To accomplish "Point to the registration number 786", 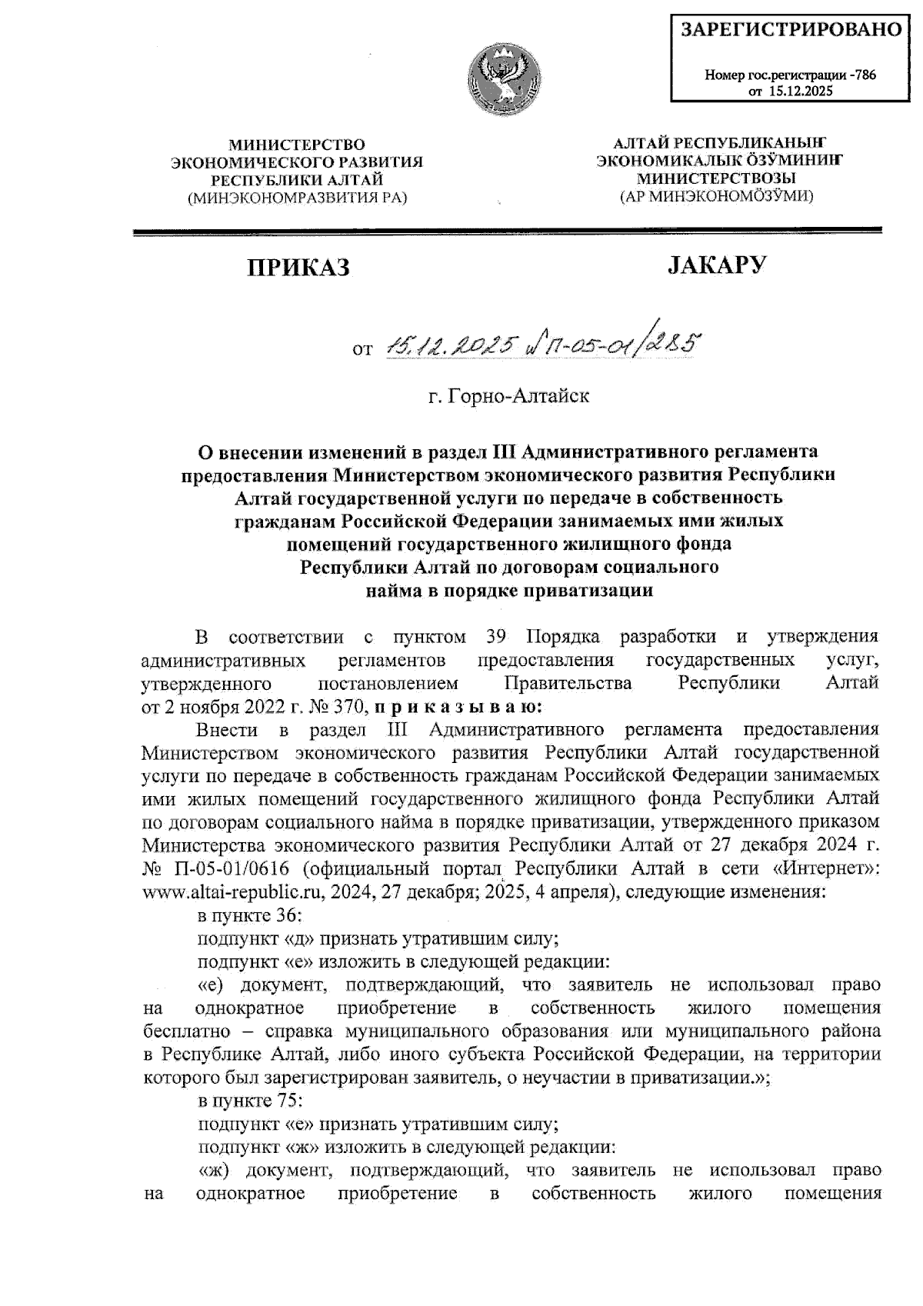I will point(865,75).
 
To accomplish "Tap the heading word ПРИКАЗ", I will point(298,267).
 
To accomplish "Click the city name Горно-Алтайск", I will point(509,397).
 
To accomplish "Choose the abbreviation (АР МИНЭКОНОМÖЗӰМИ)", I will point(717,196).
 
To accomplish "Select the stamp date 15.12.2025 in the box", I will point(800,92).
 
